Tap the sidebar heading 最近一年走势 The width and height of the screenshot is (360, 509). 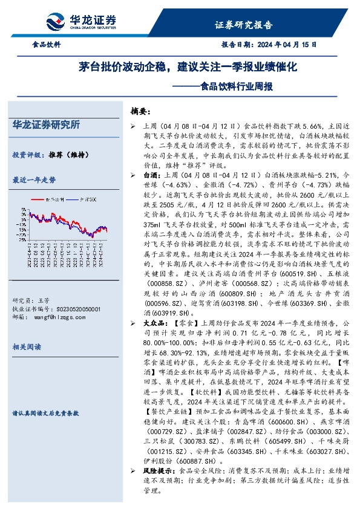click(x=34, y=180)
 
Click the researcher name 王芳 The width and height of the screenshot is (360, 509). click(x=43, y=300)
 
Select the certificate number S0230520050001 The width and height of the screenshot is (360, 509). click(x=71, y=308)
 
